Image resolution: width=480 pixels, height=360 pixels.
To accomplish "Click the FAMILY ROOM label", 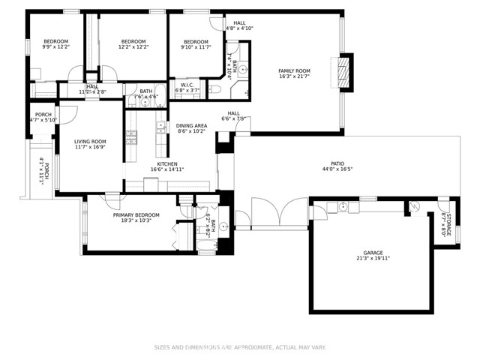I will [294, 70].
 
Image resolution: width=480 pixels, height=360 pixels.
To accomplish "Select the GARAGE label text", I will [373, 253].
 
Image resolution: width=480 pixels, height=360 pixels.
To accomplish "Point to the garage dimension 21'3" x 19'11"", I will [373, 259].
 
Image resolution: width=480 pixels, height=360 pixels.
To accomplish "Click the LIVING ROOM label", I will [90, 141].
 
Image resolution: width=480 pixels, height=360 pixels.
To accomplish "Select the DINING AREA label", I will [192, 125].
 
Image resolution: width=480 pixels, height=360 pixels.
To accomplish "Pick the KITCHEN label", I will [166, 163].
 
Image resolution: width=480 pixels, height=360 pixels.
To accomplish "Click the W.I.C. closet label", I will [187, 85].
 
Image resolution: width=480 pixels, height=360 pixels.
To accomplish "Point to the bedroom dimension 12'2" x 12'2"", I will [133, 46].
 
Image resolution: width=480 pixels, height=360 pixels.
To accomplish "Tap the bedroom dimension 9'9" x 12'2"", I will [55, 46].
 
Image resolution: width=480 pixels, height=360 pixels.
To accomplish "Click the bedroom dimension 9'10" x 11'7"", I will [196, 46].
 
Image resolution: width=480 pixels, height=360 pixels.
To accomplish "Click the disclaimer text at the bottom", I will [240, 347].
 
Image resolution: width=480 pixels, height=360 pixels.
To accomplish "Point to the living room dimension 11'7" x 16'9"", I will [90, 147].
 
